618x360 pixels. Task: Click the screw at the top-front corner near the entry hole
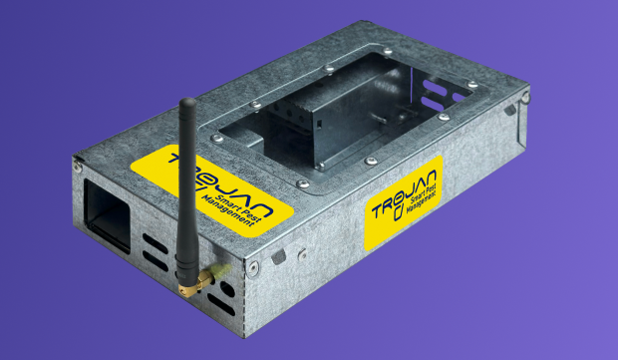point(78,168)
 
